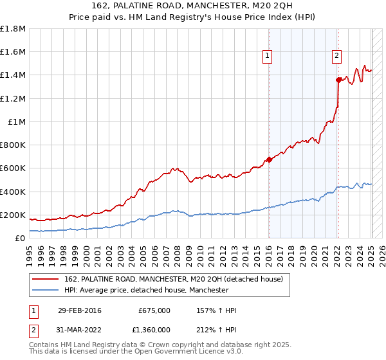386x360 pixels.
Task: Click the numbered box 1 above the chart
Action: pos(267,57)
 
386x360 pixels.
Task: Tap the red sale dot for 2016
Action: pos(269,160)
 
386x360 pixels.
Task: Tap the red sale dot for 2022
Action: pos(338,80)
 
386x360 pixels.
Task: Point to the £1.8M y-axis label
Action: pos(14,29)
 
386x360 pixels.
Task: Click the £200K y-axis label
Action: pos(13,215)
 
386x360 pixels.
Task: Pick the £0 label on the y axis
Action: pos(21,238)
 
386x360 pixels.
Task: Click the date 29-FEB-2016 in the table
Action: pos(79,310)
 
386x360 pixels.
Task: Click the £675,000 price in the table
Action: pos(154,310)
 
